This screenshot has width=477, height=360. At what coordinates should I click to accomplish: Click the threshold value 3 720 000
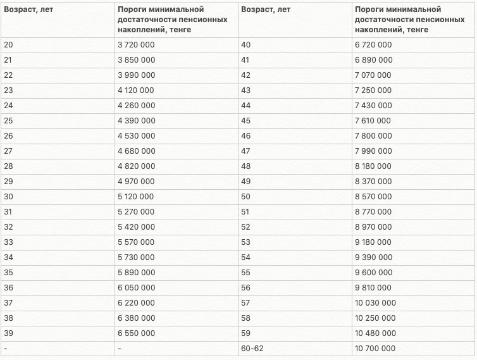point(136,44)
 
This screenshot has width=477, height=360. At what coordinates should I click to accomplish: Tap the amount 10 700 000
point(376,349)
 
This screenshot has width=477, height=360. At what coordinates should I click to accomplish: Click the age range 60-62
point(252,349)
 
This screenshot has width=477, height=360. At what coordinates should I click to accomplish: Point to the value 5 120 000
point(136,197)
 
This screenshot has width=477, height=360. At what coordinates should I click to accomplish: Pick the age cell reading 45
point(246,120)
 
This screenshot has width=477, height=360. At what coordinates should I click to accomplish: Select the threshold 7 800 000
point(373,136)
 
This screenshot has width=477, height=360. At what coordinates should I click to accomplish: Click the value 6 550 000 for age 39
point(136,333)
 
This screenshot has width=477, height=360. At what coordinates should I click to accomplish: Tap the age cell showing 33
point(8,242)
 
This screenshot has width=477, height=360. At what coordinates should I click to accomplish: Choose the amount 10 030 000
point(376,303)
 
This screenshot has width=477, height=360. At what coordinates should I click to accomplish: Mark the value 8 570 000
point(373,197)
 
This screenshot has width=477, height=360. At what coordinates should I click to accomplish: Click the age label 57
point(246,303)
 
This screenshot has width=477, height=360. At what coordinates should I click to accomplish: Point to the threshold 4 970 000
point(136,182)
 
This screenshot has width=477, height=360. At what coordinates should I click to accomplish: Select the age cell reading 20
point(8,44)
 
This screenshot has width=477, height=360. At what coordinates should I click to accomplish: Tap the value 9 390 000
point(373,258)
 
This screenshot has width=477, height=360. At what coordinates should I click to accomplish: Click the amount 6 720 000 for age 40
point(373,44)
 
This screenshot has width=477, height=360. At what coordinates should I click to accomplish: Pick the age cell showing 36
point(8,288)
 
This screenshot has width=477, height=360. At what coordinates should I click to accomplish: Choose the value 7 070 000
point(373,75)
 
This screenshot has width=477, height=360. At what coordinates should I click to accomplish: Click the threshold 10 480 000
point(376,333)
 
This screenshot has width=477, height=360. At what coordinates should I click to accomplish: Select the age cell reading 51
point(246,212)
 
